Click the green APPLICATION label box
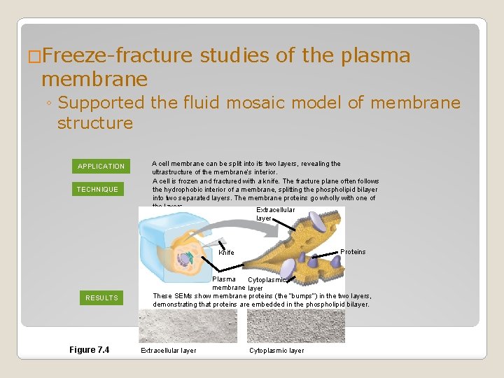[101, 166]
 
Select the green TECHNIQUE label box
[97, 189]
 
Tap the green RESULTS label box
[101, 297]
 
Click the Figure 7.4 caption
[89, 350]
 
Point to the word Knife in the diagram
[226, 253]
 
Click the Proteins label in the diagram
[353, 252]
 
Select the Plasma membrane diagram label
[227, 283]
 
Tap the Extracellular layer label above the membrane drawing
[275, 214]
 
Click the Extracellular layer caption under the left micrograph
[169, 351]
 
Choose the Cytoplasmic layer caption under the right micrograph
[276, 351]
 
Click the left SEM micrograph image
[188, 325]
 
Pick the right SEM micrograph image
[296, 325]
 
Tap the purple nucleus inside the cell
[183, 258]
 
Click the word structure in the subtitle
[95, 123]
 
